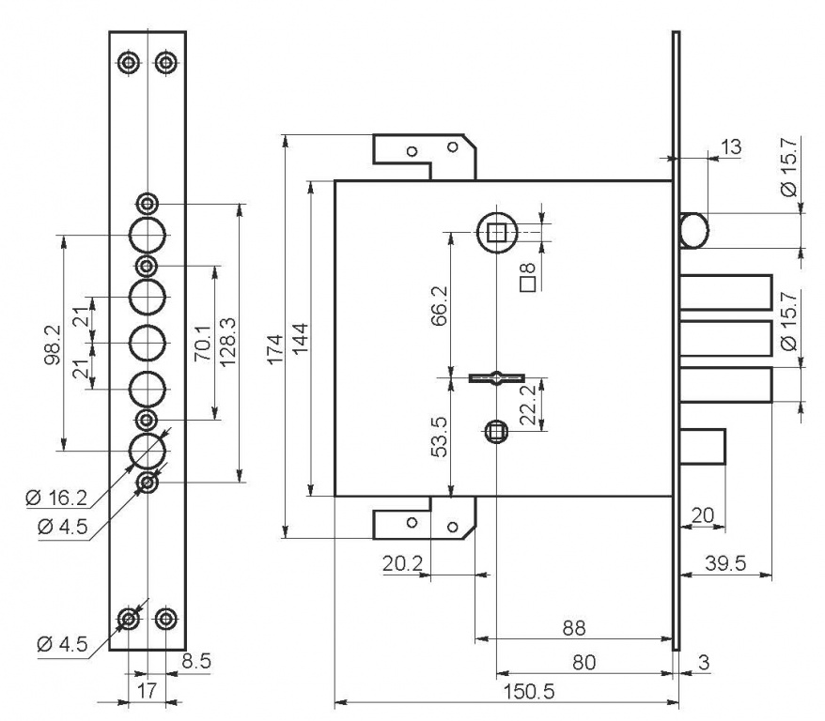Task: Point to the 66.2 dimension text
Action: click(439, 307)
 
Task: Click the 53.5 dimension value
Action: click(439, 435)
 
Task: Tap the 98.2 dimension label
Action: click(54, 344)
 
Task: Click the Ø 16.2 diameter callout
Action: click(59, 495)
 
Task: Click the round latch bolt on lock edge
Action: click(694, 230)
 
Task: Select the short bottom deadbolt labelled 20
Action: click(702, 446)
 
